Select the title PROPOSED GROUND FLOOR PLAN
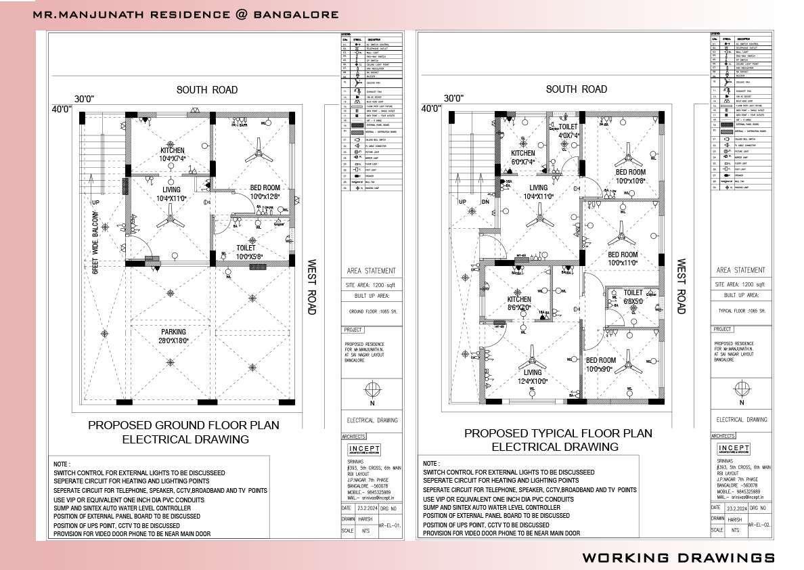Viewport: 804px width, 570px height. [x=183, y=425]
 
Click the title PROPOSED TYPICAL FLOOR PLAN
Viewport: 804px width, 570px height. [x=558, y=433]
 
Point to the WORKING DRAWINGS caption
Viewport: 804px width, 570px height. [x=678, y=557]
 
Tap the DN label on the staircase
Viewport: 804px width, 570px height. [x=485, y=202]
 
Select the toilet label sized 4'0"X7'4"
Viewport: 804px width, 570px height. [x=568, y=131]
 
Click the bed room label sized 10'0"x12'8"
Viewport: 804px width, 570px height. [x=265, y=192]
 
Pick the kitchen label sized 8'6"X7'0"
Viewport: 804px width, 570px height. [x=519, y=303]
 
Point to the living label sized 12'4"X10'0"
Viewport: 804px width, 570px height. [x=533, y=376]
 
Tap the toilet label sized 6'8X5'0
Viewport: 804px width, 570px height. [x=633, y=297]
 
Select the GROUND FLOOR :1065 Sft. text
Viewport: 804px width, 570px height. [x=371, y=312]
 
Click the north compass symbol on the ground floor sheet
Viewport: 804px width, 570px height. [x=371, y=390]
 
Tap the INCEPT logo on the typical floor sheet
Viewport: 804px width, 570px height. [x=734, y=450]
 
